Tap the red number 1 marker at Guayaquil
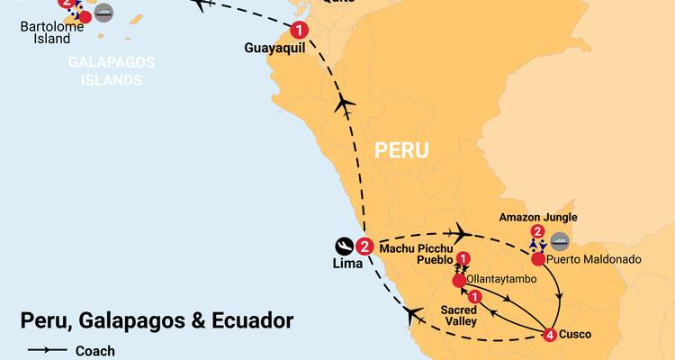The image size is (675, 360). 299,31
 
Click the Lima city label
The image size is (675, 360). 347,263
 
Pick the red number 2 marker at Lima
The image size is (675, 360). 364,246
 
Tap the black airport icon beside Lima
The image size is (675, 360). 344,246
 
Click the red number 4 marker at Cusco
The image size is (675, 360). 550,336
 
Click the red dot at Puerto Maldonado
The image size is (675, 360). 537,259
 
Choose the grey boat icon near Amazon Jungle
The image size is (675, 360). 559,239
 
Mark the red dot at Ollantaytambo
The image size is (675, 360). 459,281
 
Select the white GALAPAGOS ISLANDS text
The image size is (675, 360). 112,70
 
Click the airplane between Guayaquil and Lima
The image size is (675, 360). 344,105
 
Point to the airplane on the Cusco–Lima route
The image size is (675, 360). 415,315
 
